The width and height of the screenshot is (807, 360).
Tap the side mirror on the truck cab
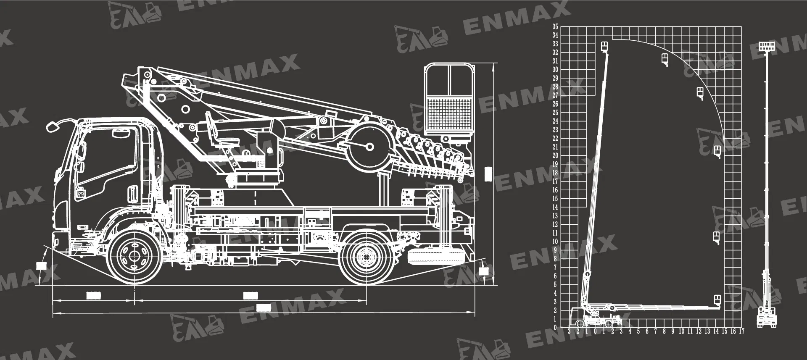52,126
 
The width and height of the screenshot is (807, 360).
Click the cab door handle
133,194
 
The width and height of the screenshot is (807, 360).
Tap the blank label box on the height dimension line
488,174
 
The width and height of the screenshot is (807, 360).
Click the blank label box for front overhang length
93,296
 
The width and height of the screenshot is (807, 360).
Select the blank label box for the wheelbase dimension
250,296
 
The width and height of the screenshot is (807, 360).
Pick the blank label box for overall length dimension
263,308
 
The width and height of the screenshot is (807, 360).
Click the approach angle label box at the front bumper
41,265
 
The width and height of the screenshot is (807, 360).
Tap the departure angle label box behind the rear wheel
484,271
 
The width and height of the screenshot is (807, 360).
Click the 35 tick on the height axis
555,26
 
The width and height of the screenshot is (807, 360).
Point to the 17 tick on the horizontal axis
741,332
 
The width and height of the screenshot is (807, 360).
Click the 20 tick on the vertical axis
555,155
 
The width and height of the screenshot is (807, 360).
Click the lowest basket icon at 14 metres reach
717,300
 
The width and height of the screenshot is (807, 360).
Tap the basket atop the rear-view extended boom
767,46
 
